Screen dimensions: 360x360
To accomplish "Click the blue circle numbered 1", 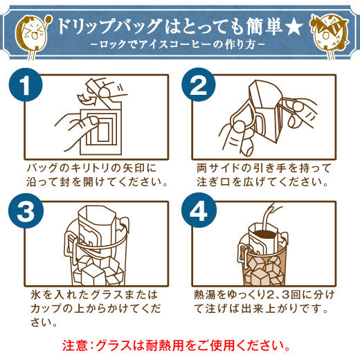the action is click(26, 84).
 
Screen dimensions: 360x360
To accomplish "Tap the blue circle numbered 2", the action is click(199, 84).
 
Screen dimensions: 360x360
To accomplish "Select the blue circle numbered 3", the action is click(26, 210).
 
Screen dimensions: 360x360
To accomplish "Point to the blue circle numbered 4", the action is click(199, 210).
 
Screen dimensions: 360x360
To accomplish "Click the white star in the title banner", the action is click(293, 26).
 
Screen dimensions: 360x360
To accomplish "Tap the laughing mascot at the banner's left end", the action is click(33, 36).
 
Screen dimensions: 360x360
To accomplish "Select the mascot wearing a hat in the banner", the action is click(329, 36).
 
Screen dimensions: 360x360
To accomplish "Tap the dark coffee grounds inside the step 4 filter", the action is click(265, 234).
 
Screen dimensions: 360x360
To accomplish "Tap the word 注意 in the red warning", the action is click(74, 345).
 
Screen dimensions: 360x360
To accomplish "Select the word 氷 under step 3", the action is click(36, 295).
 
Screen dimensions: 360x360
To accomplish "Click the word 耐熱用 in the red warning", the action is click(165, 345).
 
